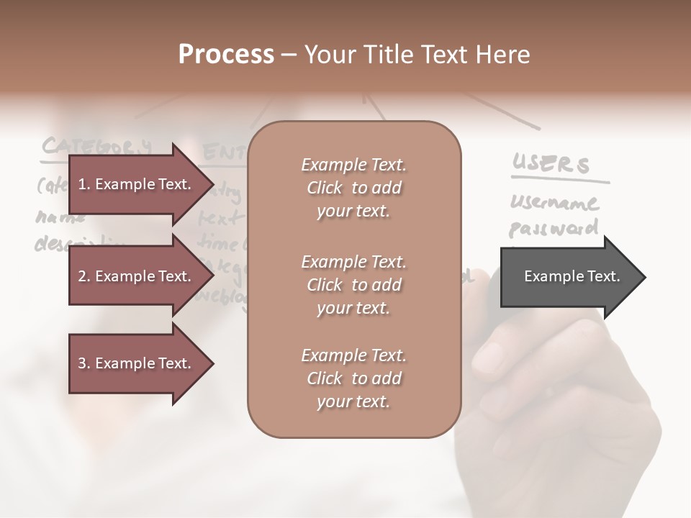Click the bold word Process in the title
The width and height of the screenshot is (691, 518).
226,55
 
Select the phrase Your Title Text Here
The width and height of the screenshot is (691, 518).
417,55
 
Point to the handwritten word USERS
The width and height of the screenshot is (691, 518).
551,164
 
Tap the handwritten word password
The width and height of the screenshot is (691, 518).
554,229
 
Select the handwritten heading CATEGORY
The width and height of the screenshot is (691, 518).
97,146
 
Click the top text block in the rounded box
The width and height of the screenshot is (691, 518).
353,188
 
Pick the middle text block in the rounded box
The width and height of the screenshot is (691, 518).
353,285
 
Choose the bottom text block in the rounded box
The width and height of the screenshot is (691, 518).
353,378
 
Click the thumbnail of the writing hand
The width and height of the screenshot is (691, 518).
561,388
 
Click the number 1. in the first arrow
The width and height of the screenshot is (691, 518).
84,184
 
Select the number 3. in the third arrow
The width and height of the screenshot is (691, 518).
84,363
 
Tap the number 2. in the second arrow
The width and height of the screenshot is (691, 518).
84,276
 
